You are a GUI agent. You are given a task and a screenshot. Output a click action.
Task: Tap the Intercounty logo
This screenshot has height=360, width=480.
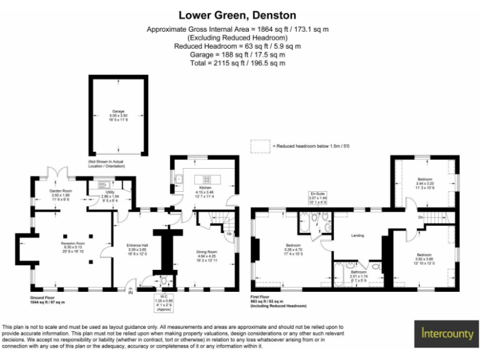[x=447, y=334]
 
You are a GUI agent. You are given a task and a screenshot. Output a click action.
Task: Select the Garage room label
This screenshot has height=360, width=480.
[x=119, y=111]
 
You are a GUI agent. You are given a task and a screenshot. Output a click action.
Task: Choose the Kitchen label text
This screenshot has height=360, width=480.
[x=206, y=187]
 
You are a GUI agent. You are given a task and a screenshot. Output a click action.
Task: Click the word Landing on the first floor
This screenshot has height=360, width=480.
[x=357, y=235]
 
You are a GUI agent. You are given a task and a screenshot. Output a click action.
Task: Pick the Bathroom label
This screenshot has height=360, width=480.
[x=359, y=272]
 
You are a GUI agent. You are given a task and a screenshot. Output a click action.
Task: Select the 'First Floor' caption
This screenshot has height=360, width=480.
[x=263, y=297]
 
